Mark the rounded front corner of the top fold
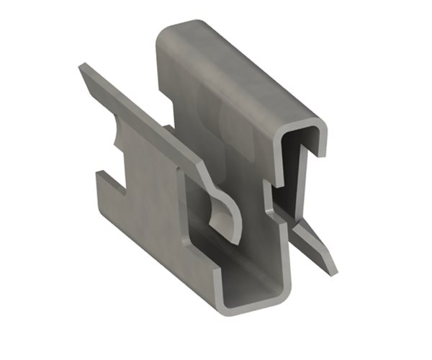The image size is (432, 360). (x=320, y=130)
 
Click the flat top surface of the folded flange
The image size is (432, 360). (x=238, y=72)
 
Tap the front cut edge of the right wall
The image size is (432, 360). (x=277, y=238)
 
